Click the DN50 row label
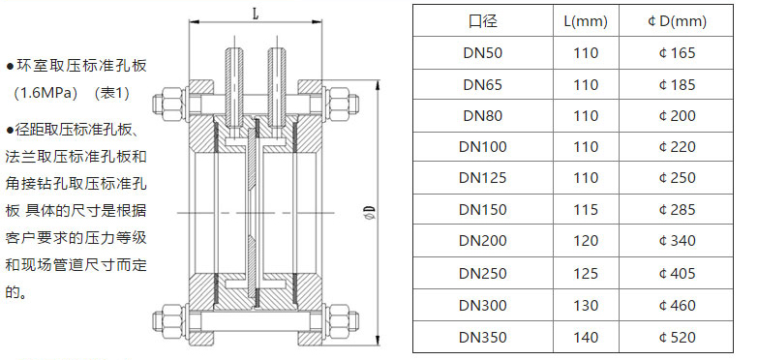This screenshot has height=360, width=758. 482,52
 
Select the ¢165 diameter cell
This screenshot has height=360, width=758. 677,52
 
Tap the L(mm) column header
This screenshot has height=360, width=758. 586,21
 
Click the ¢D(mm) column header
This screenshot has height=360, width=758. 677,21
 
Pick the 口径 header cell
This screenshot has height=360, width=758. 482,21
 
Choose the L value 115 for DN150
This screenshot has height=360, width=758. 586,209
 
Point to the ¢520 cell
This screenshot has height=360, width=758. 677,337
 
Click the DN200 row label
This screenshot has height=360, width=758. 482,241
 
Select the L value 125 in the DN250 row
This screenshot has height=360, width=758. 586,273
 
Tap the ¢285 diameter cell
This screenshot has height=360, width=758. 677,209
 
